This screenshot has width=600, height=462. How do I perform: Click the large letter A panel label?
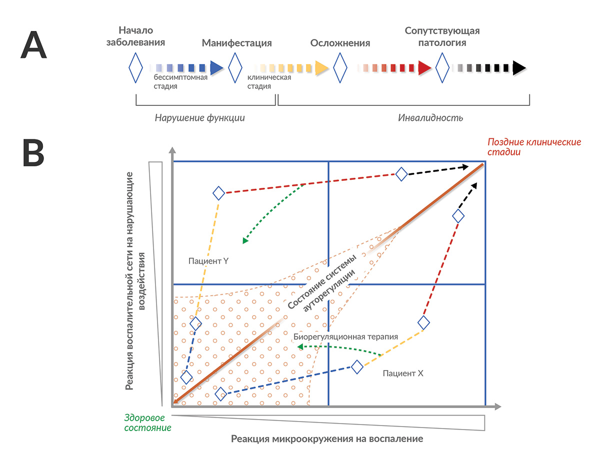(x=33, y=45)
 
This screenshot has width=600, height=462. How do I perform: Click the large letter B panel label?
(x=33, y=152)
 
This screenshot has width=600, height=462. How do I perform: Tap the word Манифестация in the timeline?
(x=236, y=43)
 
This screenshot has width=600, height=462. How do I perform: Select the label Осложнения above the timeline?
(x=340, y=43)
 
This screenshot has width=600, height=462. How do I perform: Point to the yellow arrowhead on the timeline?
(x=321, y=68)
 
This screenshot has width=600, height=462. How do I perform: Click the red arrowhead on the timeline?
(x=424, y=68)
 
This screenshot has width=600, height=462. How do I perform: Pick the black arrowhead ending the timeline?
(x=519, y=68)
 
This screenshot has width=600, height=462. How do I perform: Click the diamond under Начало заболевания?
(x=135, y=68)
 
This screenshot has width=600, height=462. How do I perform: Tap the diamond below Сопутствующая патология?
(x=442, y=68)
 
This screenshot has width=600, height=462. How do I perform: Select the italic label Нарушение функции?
(x=199, y=118)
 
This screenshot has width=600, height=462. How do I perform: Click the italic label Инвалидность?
(x=430, y=118)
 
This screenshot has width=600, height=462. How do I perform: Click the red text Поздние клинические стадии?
(x=534, y=147)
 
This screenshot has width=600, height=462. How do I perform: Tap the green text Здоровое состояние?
(x=147, y=423)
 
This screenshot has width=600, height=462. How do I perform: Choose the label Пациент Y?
(x=208, y=261)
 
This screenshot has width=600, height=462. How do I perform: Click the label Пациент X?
(x=403, y=374)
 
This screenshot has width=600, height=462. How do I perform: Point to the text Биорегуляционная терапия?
(x=345, y=337)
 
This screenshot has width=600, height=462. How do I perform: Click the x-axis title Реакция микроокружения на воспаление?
(x=327, y=439)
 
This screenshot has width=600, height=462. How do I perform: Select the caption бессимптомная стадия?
(x=180, y=81)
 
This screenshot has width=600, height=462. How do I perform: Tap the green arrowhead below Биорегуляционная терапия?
(x=300, y=347)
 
